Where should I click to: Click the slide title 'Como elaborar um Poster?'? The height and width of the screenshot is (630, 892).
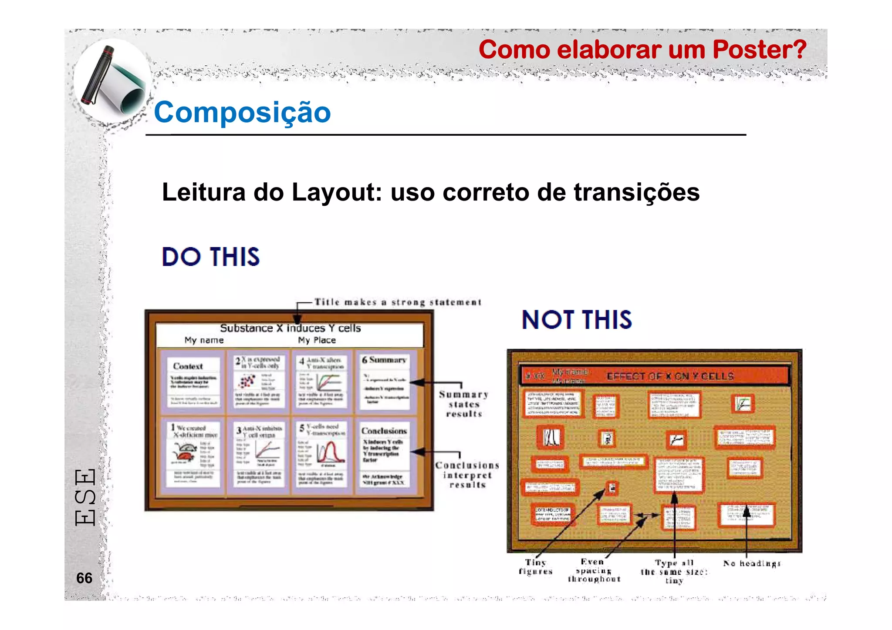(642, 50)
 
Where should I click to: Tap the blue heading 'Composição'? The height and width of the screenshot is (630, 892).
(242, 112)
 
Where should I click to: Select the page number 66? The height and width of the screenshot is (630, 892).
(84, 578)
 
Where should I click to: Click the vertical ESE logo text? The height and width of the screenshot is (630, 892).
(85, 497)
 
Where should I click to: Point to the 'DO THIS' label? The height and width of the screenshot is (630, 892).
(211, 257)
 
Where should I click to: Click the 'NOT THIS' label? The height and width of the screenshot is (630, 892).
(577, 320)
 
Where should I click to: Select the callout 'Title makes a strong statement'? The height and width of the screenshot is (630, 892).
(398, 302)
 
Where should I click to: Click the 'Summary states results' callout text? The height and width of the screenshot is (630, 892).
(464, 404)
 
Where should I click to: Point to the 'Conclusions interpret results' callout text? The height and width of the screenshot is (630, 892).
(467, 475)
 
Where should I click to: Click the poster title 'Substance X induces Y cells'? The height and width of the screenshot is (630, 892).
(290, 328)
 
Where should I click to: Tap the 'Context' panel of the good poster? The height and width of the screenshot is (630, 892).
(193, 382)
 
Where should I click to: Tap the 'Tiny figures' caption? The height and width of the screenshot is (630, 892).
(536, 566)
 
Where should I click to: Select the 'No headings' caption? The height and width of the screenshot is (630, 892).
(752, 563)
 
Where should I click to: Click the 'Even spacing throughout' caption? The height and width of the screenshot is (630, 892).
(594, 570)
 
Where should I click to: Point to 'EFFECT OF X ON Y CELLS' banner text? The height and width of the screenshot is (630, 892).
(670, 376)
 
